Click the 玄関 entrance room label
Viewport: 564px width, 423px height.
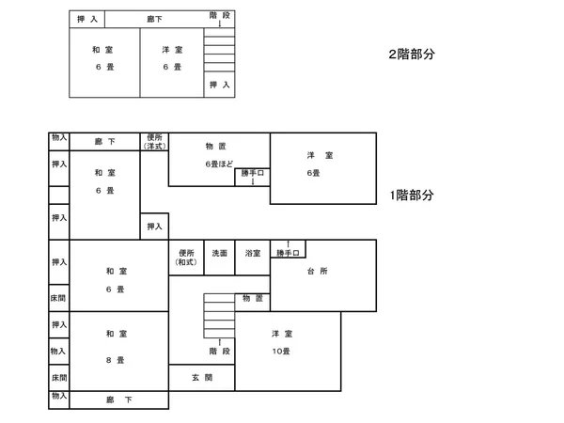(x=202, y=377)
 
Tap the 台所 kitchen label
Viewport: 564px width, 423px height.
(x=318, y=271)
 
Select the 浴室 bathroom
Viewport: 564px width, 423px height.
(x=253, y=258)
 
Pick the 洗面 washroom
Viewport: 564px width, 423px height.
(x=219, y=258)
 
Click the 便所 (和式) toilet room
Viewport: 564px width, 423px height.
(x=186, y=258)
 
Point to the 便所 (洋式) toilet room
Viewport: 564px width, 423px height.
(x=154, y=142)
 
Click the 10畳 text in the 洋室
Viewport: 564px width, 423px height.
(x=281, y=351)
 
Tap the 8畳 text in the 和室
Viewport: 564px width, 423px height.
(x=115, y=360)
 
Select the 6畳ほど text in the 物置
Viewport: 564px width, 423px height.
(x=219, y=164)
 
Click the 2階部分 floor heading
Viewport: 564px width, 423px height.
(x=412, y=55)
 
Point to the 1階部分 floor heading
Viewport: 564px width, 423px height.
(x=412, y=196)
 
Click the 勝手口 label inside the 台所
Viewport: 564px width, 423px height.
(x=288, y=253)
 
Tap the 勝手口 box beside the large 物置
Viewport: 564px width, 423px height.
(x=253, y=178)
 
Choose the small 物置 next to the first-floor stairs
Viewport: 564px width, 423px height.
(x=253, y=302)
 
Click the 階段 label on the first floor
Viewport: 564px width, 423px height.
(x=219, y=351)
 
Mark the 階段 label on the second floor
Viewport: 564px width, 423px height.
(x=219, y=15)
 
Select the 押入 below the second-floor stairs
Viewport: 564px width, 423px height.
(x=219, y=85)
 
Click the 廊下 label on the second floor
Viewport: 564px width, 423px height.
(x=154, y=19)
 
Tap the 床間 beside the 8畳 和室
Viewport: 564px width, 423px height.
(x=59, y=378)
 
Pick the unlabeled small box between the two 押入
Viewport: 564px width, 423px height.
(x=59, y=196)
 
